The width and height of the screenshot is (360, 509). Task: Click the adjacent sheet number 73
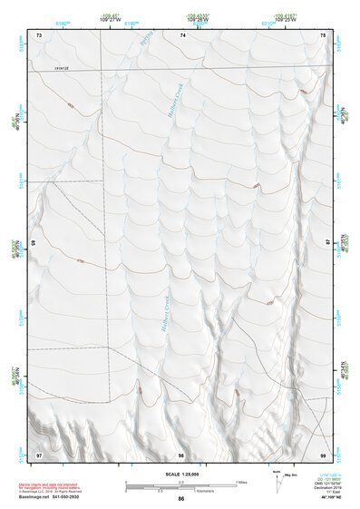pos(39,34)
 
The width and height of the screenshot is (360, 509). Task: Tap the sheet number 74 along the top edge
pos(182,34)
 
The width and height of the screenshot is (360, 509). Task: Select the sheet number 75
pos(324,34)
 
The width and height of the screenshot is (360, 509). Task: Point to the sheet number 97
pos(39,454)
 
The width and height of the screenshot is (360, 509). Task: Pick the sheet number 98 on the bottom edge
pos(181,454)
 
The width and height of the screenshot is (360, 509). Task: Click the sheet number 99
pos(324,454)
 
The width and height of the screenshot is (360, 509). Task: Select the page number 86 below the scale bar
pos(181,499)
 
